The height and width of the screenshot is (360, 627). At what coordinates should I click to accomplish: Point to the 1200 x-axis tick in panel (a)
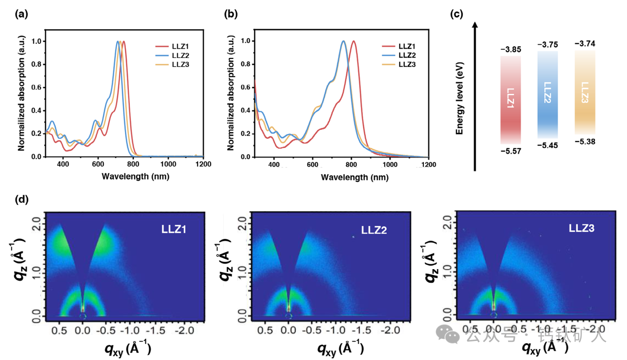click(x=203, y=164)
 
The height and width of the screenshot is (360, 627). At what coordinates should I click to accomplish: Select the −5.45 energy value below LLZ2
click(x=547, y=145)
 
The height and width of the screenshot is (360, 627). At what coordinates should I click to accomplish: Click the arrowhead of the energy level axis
click(x=475, y=26)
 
